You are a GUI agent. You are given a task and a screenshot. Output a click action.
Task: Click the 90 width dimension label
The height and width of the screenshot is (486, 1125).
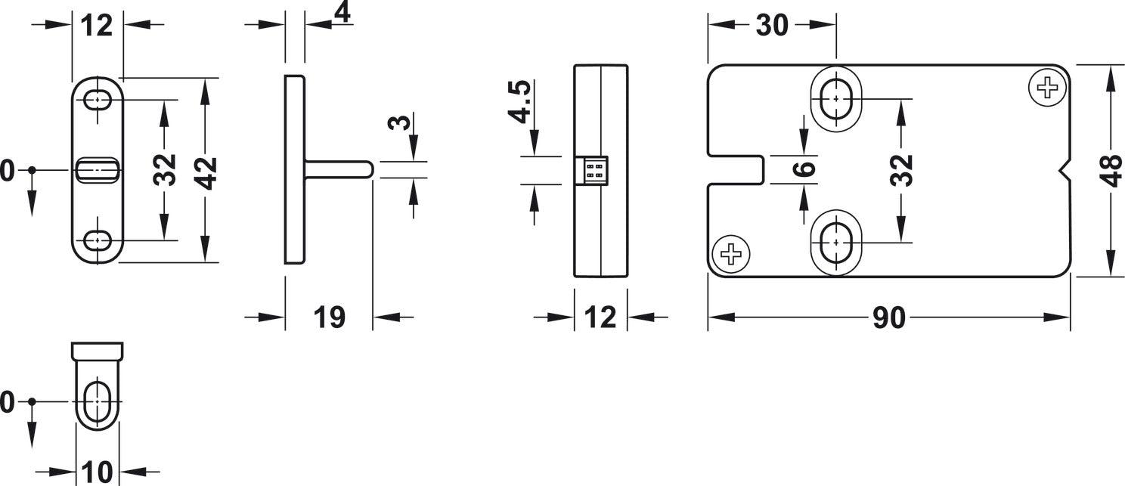pos(889,317)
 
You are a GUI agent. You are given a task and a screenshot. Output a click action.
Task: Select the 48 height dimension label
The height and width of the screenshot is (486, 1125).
pos(1112,171)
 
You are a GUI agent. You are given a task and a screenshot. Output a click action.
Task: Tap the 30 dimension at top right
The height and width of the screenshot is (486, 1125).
pos(772,25)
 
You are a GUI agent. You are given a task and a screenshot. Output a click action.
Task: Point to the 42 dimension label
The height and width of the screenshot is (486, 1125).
pos(206,173)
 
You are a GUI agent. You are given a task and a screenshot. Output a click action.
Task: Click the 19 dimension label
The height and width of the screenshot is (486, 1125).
pos(330,317)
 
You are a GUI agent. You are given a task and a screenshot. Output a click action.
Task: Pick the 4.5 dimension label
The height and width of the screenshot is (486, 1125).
pos(520,101)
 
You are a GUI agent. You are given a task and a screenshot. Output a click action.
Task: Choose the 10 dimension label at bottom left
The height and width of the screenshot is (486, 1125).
pos(97,472)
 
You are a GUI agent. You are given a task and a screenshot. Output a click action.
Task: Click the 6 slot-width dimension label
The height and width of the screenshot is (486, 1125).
pos(804,169)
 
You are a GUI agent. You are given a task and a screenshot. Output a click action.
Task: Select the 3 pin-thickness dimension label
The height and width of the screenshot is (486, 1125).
pos(400,122)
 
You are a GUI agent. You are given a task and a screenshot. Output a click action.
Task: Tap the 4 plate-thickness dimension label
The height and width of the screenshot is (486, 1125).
pos(342,14)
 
